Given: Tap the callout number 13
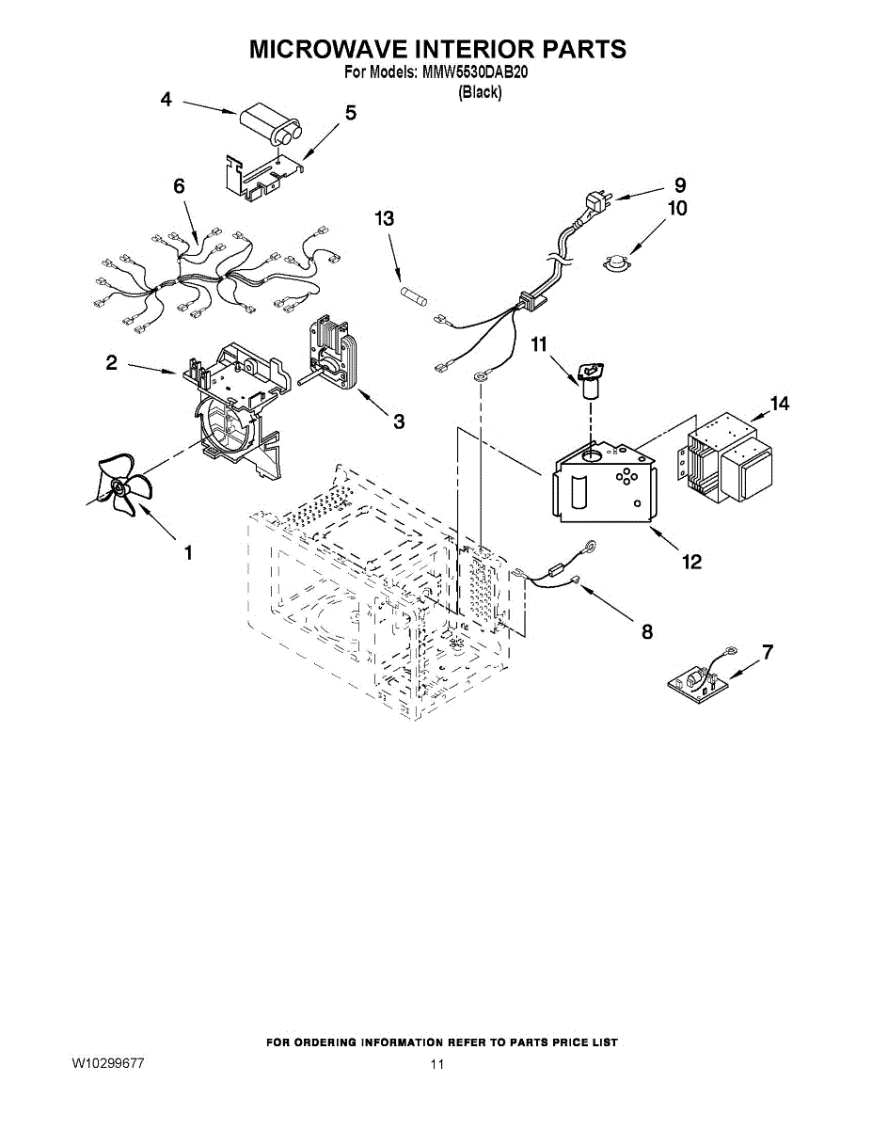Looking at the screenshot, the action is (385, 219).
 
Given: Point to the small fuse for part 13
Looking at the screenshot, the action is (414, 296).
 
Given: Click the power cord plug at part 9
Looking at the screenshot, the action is (597, 201).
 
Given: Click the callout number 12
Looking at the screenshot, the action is (691, 561).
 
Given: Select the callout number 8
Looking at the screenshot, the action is (647, 632).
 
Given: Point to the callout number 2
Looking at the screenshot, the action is (111, 363).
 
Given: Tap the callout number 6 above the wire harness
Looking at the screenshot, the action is (179, 185).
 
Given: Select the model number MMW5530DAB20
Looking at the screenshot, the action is (476, 72).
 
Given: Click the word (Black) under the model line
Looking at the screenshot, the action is (480, 92).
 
